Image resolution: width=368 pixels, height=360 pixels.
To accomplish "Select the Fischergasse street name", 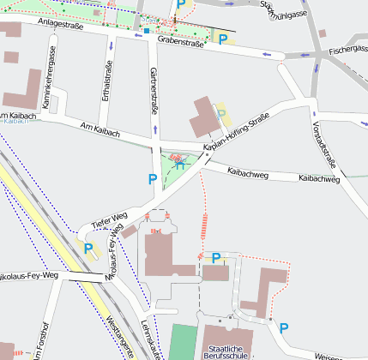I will point(346,51).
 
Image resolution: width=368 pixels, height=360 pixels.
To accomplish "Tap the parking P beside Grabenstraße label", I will point(225,39).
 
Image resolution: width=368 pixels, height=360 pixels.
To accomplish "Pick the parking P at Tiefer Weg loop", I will point(89,249).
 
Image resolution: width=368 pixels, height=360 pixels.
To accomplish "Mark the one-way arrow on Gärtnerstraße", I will point(155,129).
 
